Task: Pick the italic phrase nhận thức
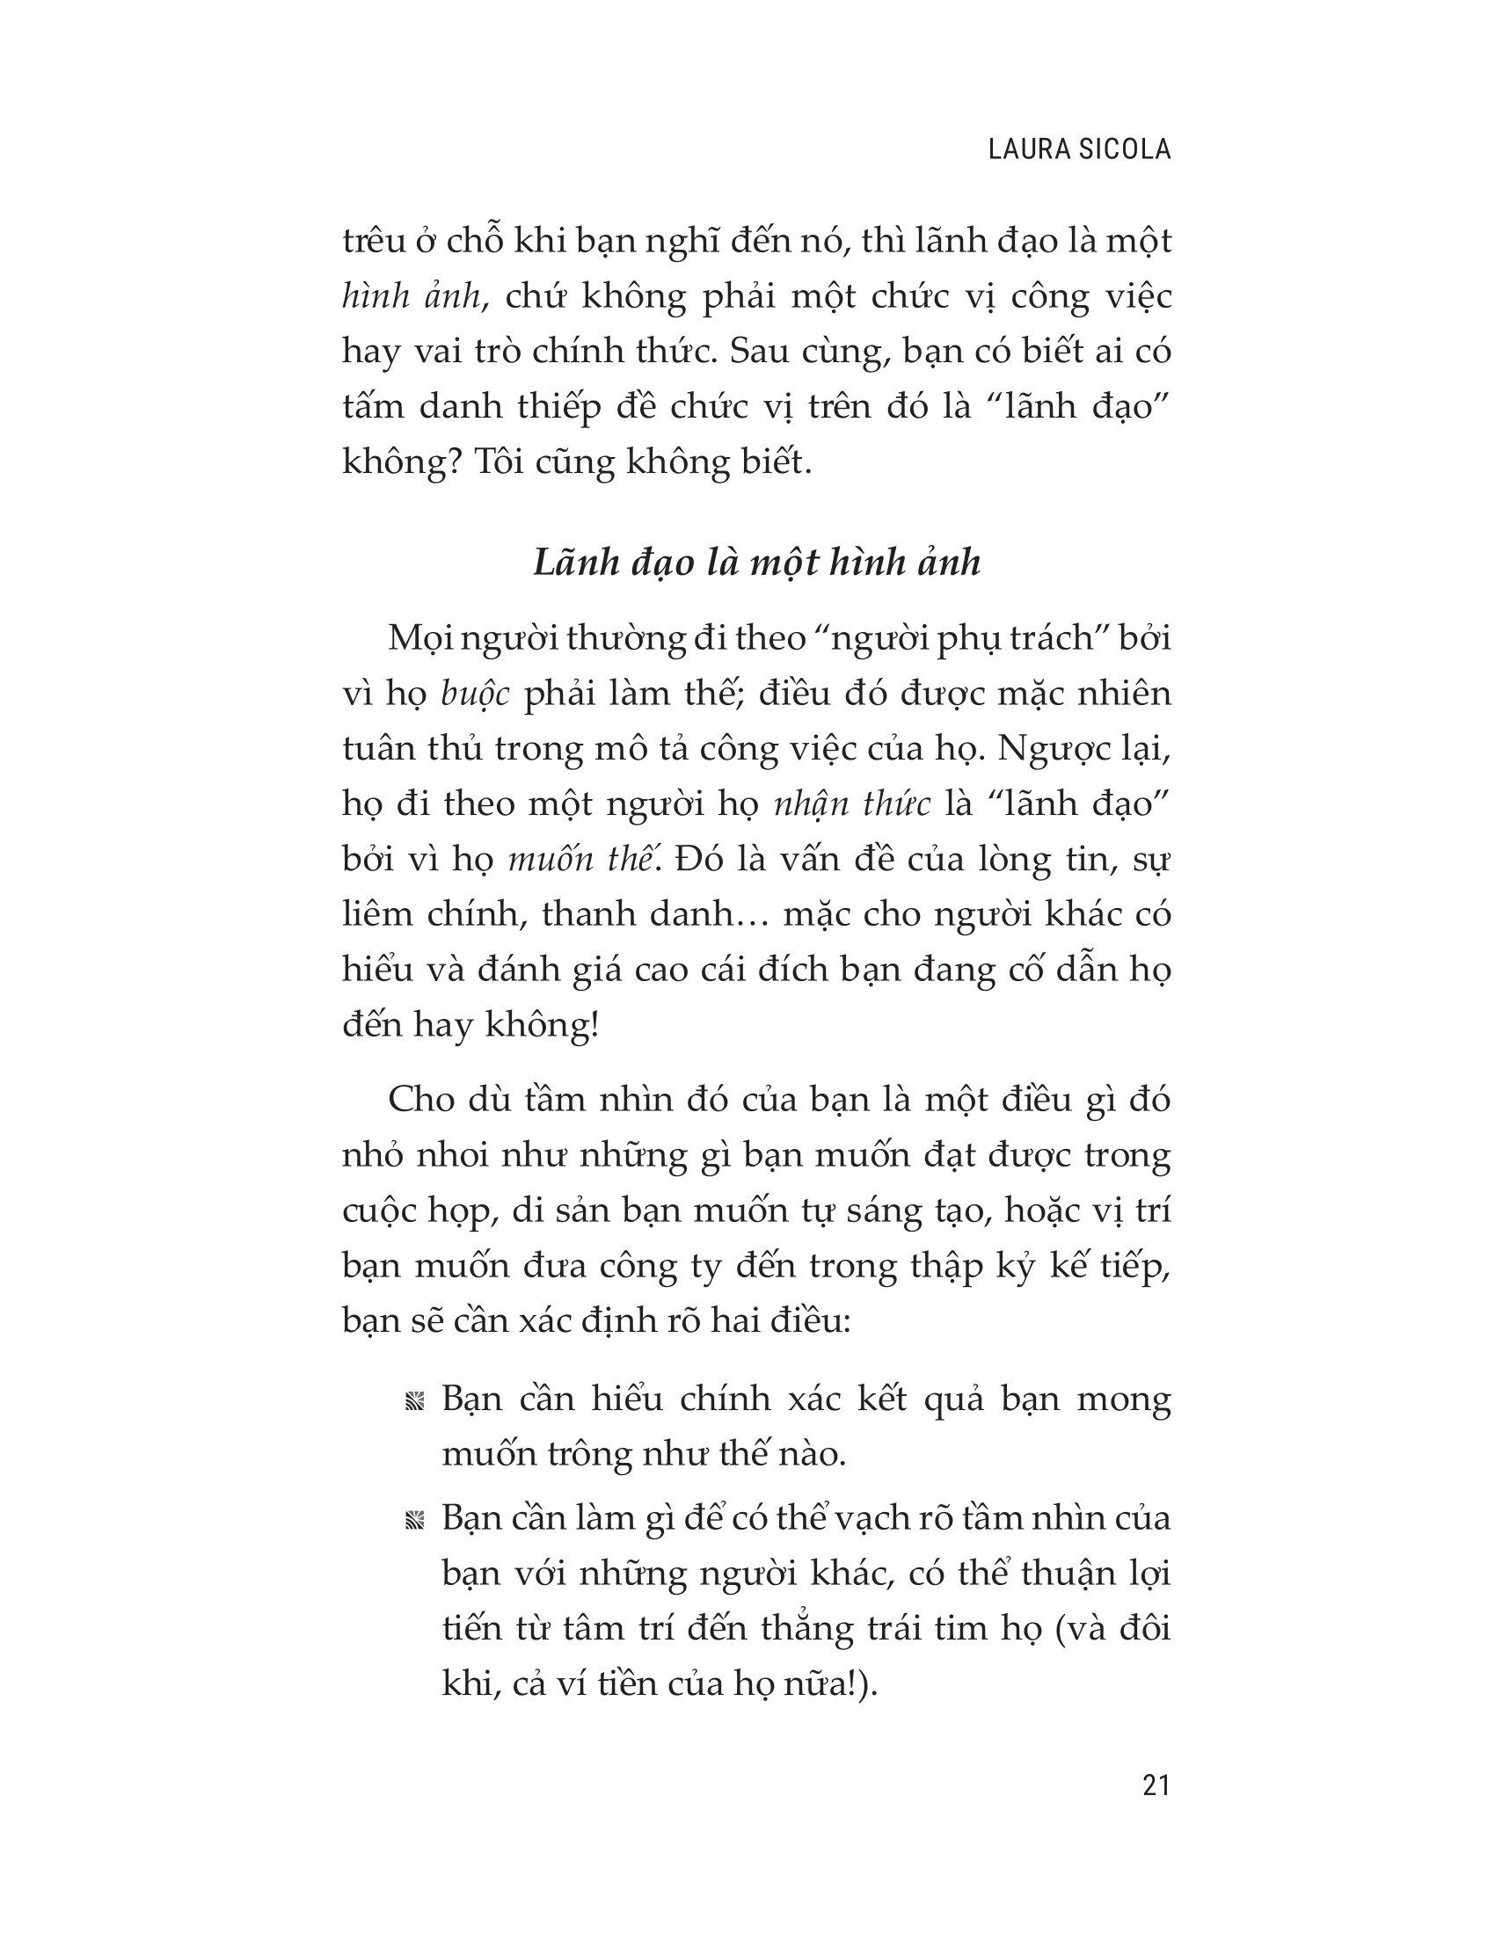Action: click(853, 804)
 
